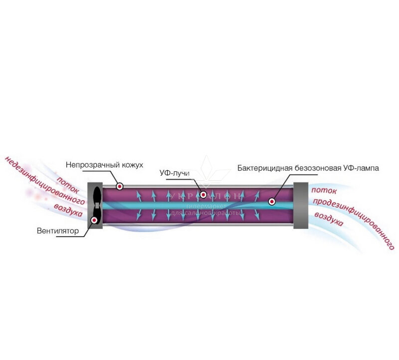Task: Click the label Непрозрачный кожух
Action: coord(104,165)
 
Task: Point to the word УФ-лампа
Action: coord(361,168)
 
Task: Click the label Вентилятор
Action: coord(58,231)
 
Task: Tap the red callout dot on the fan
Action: coord(94,219)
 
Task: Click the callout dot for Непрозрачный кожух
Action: coord(120,186)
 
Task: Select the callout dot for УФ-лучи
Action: coord(203,194)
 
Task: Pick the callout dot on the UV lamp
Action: coord(272,202)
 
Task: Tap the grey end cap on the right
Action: coord(301,206)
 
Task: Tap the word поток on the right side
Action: coord(324,190)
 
